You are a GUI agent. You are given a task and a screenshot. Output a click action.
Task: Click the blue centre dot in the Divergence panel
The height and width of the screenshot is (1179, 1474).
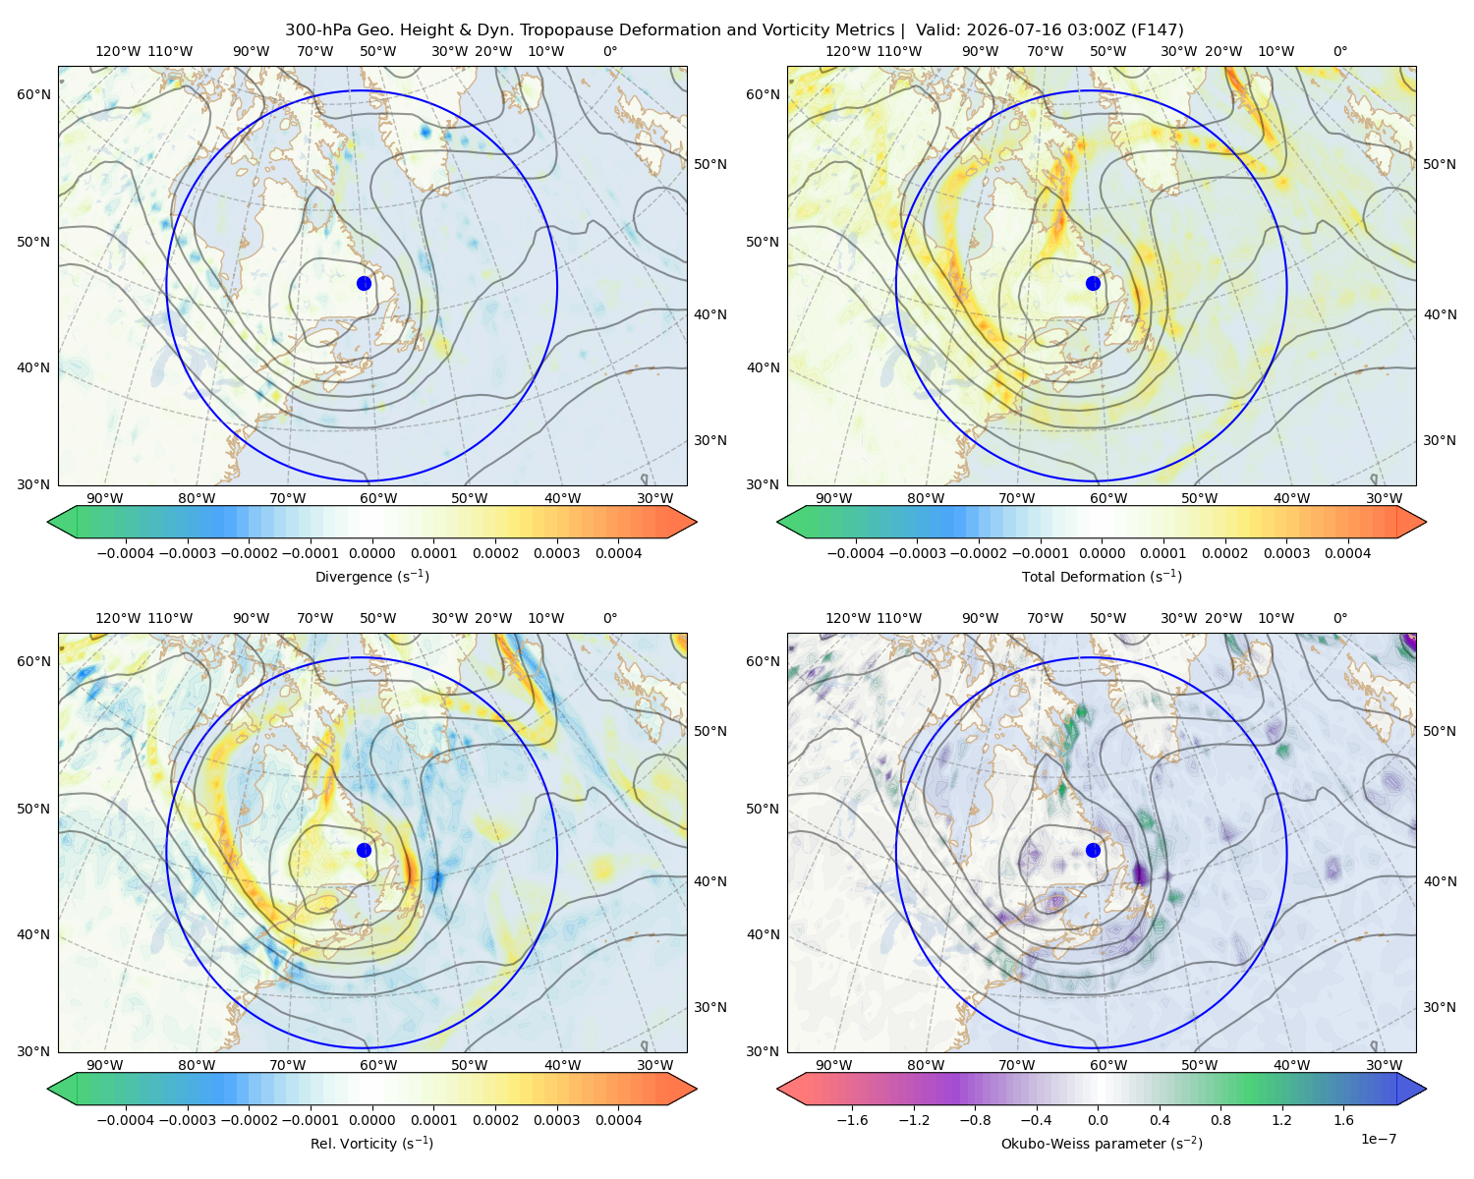364,283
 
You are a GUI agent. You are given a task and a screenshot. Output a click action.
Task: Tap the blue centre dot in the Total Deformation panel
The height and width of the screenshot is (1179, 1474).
1093,283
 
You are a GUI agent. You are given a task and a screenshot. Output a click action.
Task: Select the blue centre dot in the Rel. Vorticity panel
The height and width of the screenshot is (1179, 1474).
364,850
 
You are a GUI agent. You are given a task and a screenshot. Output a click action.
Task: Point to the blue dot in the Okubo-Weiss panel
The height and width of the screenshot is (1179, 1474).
1093,850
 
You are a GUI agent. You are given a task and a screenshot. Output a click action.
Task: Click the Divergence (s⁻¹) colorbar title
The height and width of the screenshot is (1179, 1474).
371,576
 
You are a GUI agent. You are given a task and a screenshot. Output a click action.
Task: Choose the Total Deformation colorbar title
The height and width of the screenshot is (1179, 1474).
1102,576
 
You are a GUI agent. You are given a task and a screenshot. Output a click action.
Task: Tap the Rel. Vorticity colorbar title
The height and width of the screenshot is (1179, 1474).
371,1143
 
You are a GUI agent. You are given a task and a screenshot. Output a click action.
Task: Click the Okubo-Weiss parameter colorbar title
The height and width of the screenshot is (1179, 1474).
1102,1143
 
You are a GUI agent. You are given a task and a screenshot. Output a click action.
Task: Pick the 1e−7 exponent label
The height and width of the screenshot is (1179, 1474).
1378,1139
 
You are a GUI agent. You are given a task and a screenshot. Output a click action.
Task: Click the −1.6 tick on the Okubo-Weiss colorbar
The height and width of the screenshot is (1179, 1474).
853,1119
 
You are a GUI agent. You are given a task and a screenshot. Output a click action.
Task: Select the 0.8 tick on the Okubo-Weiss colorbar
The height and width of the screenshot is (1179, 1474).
1220,1119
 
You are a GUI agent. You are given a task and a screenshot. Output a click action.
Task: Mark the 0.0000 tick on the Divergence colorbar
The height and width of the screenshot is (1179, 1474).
371,553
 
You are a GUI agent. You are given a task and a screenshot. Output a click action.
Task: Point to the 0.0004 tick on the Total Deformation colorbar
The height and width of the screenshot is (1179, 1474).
1347,553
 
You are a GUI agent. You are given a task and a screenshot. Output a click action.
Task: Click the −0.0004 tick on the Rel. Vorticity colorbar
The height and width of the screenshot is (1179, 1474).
126,1119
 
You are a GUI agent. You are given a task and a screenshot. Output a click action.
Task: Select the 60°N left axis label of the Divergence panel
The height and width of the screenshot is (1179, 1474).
34,94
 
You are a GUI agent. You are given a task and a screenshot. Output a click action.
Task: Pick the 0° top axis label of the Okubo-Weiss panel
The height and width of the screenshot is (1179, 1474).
1339,618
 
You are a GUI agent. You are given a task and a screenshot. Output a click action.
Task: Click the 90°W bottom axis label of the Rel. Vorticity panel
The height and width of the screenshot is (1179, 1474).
105,1065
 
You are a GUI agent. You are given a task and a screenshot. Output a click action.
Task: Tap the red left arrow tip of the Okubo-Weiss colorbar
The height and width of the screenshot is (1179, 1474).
778,1089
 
